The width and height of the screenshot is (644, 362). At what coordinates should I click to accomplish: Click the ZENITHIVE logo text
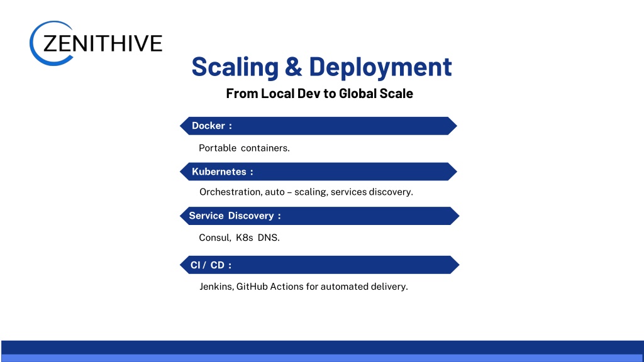[103, 43]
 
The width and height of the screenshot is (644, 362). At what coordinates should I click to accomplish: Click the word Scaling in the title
[235, 67]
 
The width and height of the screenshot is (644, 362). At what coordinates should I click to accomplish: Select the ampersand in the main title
[293, 67]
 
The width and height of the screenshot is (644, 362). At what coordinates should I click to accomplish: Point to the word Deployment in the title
[380, 67]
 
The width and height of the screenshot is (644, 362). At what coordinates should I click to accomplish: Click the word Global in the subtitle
[357, 94]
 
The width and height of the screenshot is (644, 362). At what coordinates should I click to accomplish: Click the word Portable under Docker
[218, 148]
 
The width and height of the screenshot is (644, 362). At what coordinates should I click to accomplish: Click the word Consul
[215, 238]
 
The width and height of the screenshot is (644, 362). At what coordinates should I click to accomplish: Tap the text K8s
[245, 238]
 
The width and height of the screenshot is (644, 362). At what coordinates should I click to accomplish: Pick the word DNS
[269, 238]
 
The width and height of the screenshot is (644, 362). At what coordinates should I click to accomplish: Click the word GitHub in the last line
[252, 287]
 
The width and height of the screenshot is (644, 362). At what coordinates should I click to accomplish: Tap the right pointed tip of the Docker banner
[457, 126]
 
